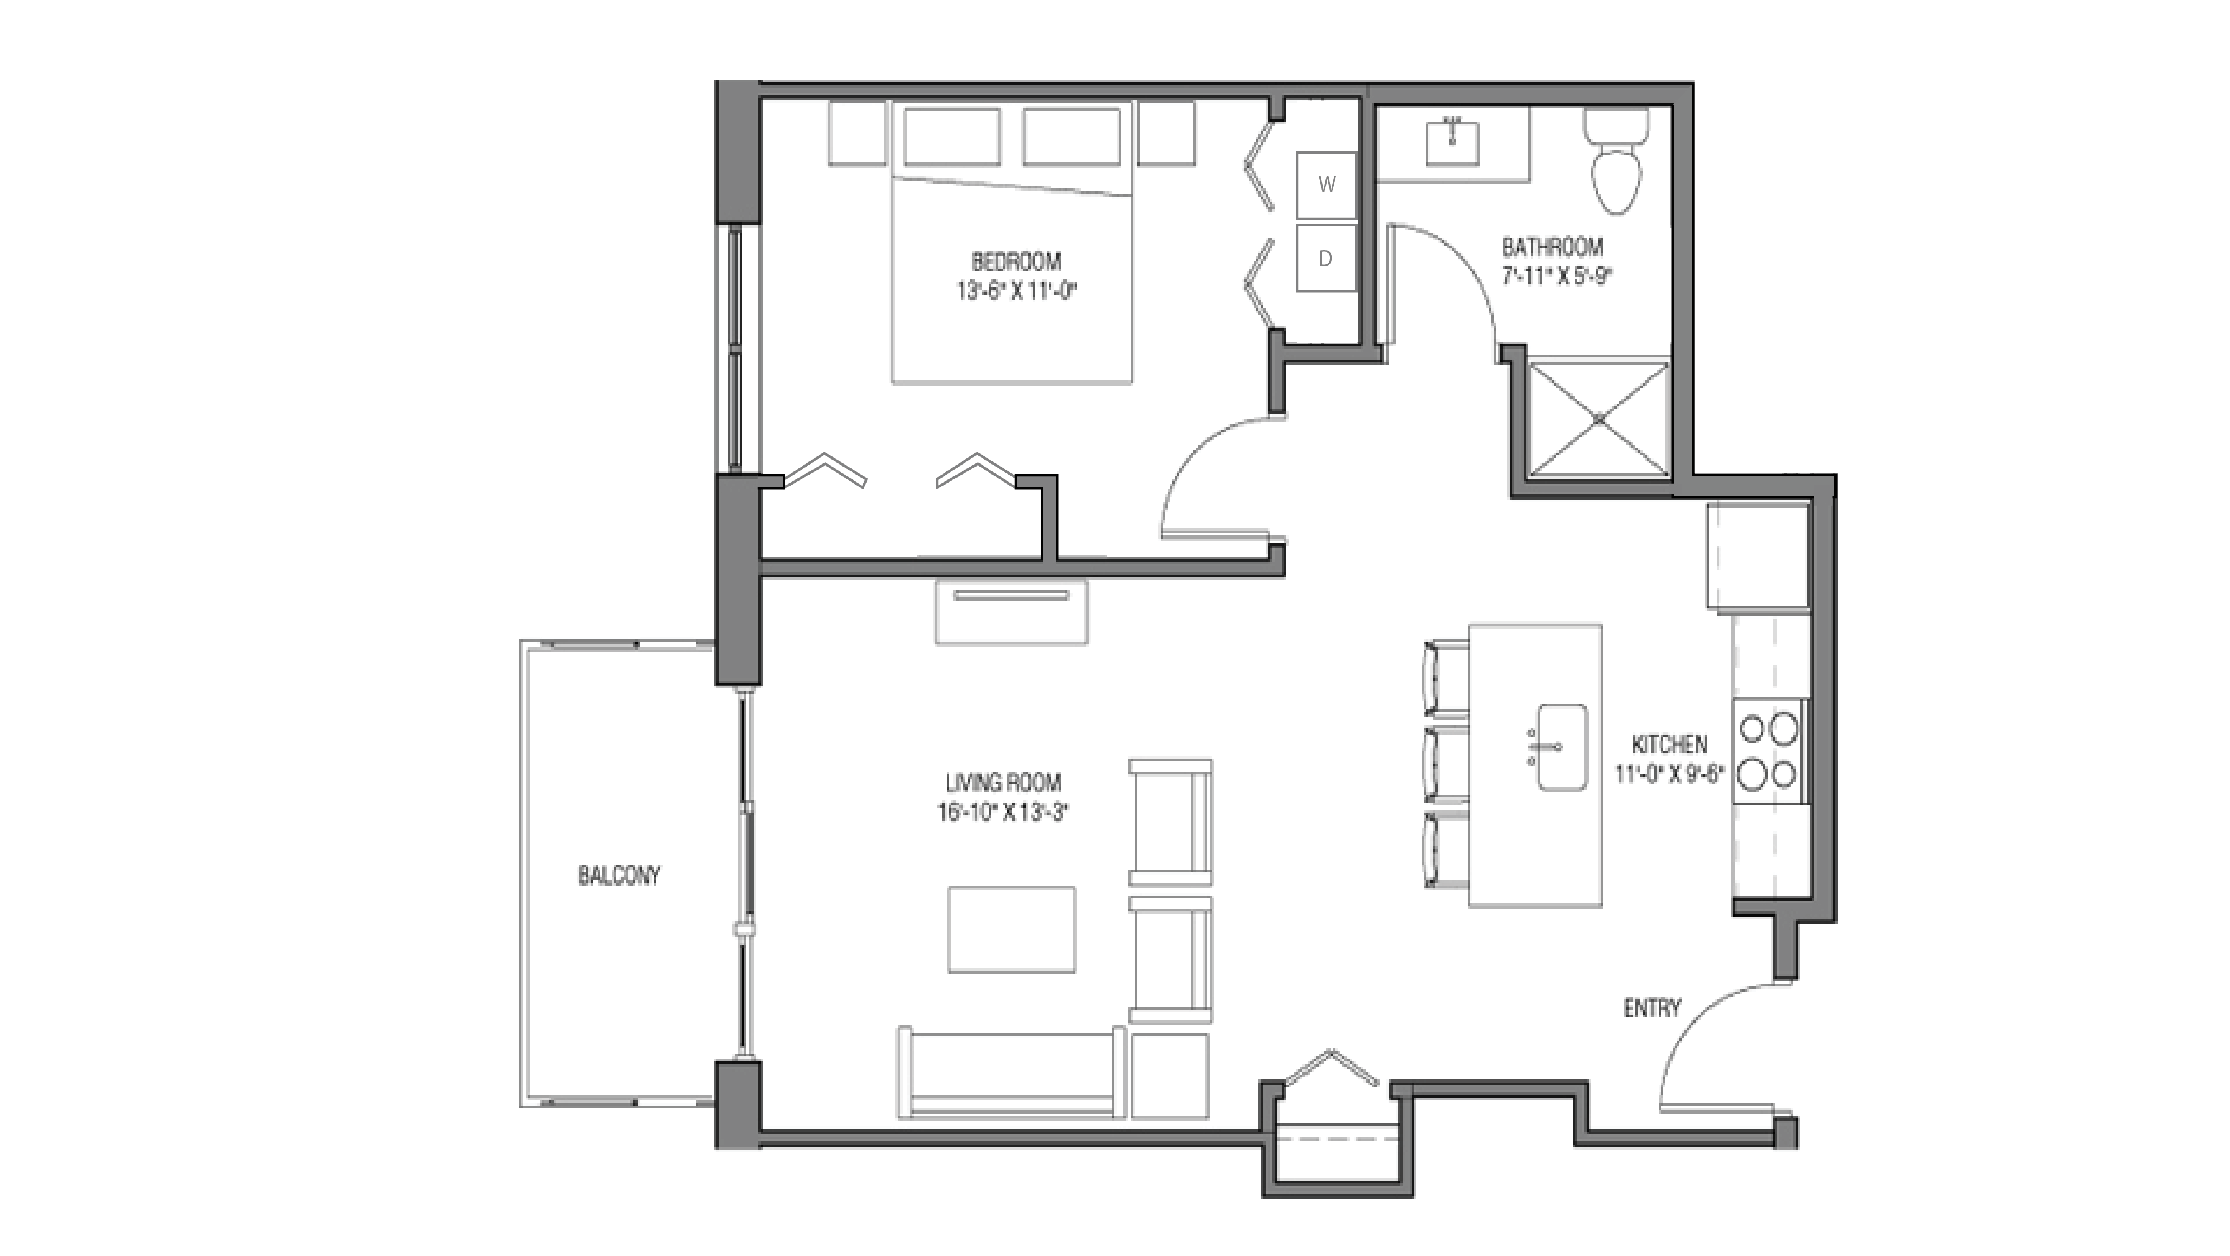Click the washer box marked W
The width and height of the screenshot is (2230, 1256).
tap(1325, 184)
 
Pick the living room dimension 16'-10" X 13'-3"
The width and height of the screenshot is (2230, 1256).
tap(1002, 812)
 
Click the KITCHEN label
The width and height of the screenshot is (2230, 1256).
tap(1669, 744)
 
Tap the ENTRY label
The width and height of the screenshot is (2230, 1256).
tap(1651, 1007)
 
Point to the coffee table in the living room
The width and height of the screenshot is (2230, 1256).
tap(1011, 929)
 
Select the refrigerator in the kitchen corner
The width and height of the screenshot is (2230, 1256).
tap(1757, 555)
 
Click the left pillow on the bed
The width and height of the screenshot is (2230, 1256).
tap(951, 136)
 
